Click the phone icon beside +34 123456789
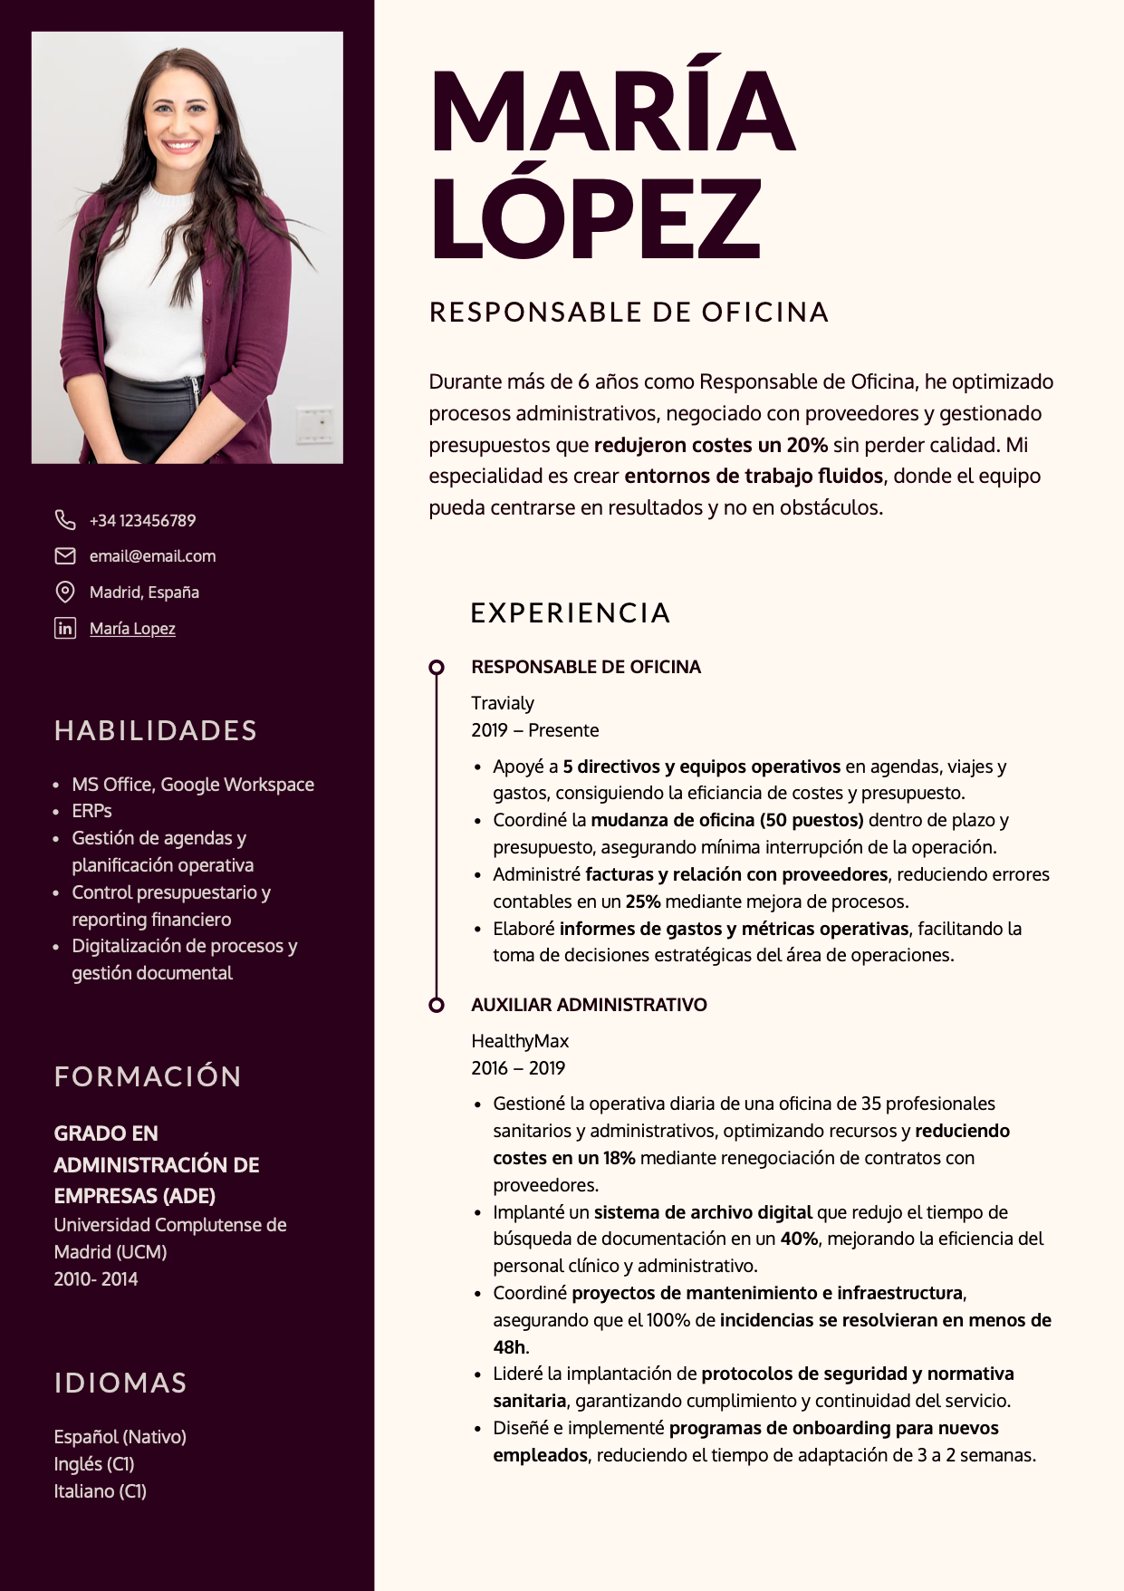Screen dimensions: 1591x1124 click(65, 520)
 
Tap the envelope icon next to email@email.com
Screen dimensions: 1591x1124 click(65, 555)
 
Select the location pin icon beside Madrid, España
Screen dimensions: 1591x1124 click(65, 592)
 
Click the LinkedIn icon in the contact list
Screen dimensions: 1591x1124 click(65, 628)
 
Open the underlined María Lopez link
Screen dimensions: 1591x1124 click(132, 629)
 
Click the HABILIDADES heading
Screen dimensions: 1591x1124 click(156, 731)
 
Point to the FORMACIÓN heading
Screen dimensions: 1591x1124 click(148, 1076)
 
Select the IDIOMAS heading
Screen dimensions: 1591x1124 click(120, 1384)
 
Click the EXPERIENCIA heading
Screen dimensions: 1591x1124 click(571, 613)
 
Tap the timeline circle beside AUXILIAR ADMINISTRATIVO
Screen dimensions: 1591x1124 click(437, 1005)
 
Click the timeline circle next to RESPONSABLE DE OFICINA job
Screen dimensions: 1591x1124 click(437, 668)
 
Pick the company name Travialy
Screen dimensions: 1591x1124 click(503, 703)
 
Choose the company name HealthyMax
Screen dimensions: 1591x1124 click(520, 1041)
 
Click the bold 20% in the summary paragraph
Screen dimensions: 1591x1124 click(807, 445)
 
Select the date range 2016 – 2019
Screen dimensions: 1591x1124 click(518, 1068)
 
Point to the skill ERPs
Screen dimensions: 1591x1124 click(92, 811)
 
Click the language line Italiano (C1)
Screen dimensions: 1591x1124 click(101, 1491)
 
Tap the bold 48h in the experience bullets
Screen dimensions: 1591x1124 click(509, 1347)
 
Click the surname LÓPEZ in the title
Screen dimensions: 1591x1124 click(596, 218)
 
